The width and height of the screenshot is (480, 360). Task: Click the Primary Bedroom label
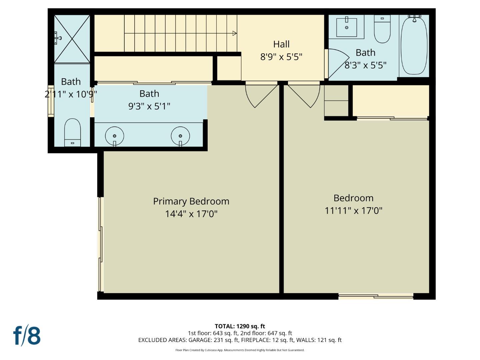(x=191, y=201)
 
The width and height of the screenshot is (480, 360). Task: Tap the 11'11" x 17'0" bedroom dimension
(x=353, y=211)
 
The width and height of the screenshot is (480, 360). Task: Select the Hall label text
(x=281, y=44)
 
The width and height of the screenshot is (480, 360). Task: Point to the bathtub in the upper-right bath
(x=414, y=45)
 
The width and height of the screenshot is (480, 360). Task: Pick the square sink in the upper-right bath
(x=347, y=27)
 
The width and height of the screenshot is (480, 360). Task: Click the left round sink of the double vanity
(x=114, y=136)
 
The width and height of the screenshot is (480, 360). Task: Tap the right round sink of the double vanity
(x=180, y=136)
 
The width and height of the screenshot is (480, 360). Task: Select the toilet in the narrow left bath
(x=72, y=133)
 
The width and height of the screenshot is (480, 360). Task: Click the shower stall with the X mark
(x=72, y=39)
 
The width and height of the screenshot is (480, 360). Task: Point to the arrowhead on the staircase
(x=235, y=33)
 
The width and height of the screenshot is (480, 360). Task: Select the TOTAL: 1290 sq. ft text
(x=240, y=326)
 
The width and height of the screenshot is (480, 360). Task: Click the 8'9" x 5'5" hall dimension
(x=281, y=57)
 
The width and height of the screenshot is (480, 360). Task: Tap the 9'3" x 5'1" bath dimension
(x=149, y=106)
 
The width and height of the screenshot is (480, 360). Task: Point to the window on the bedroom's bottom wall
(x=376, y=296)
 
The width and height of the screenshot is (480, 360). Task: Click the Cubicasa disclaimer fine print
(x=240, y=350)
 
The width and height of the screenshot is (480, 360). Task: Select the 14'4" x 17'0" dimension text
(x=191, y=214)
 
